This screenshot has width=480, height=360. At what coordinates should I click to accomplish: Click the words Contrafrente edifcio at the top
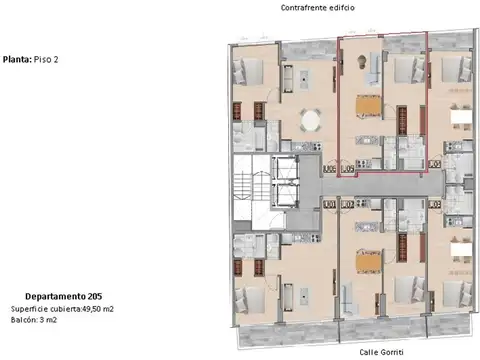tap(318, 7)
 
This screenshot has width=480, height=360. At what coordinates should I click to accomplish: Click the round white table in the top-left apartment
tap(312, 120)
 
